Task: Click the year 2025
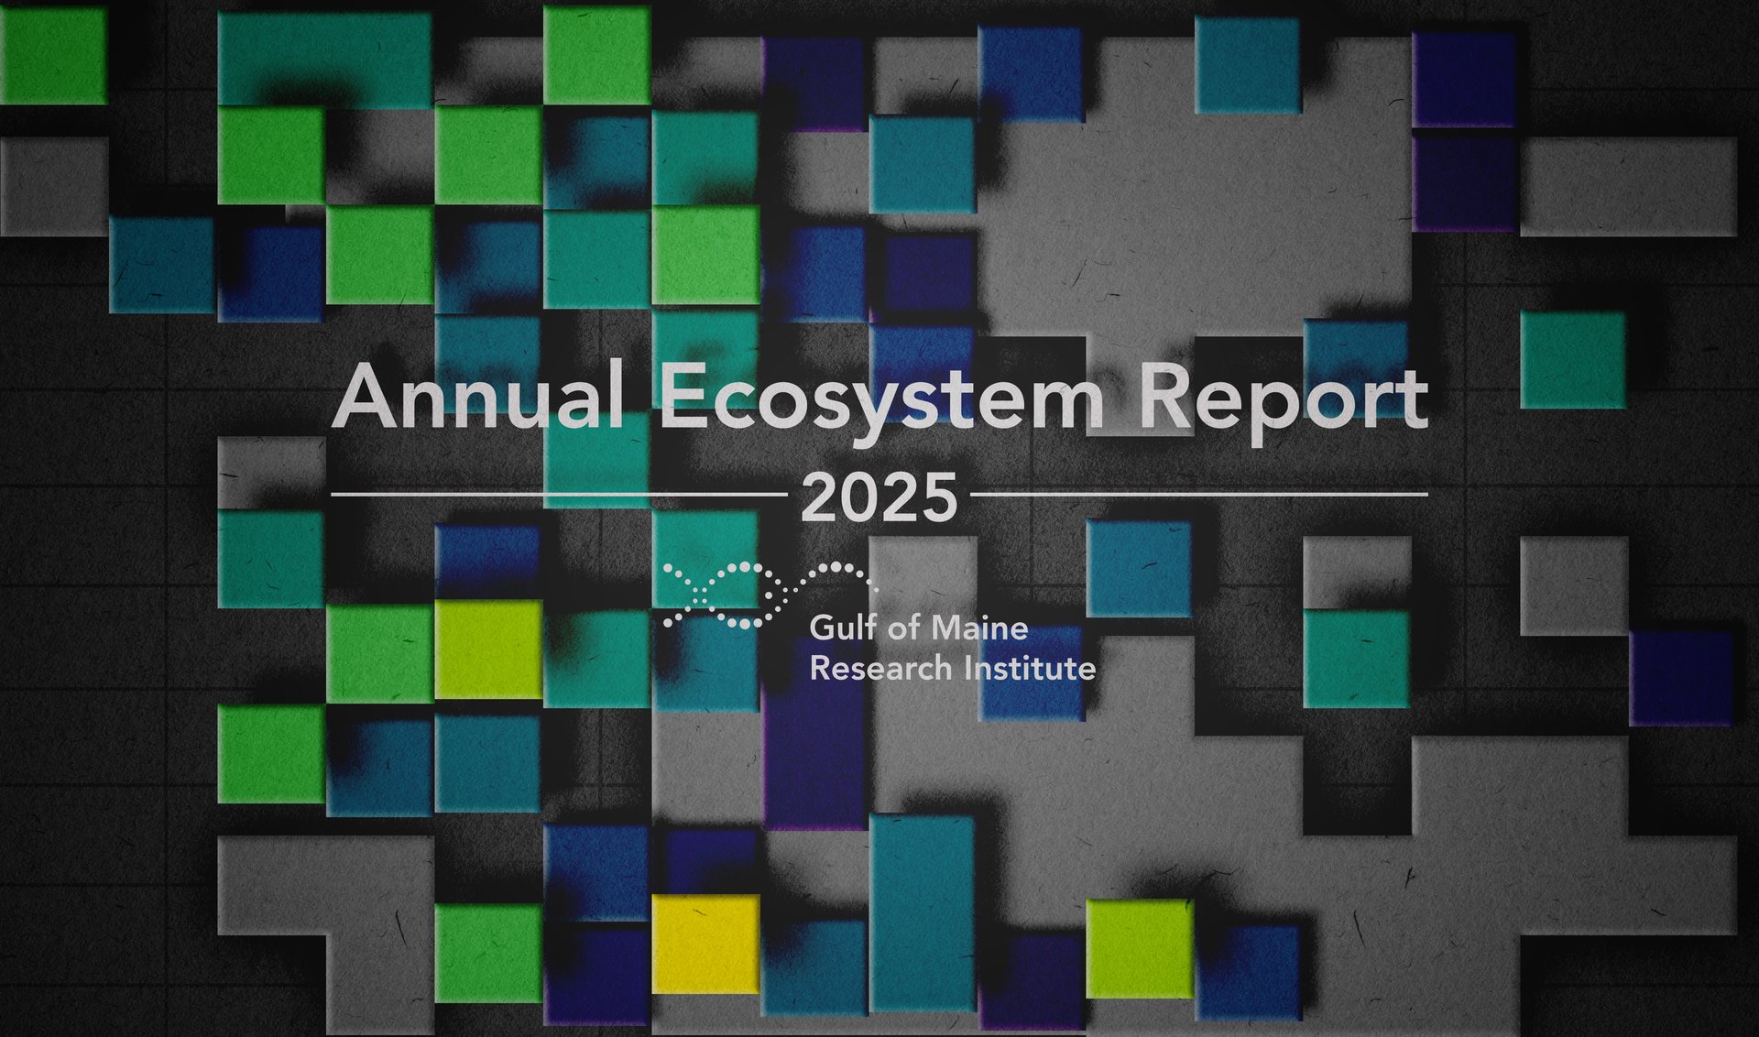click(879, 498)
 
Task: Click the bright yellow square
click(705, 944)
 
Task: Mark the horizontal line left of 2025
click(559, 494)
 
